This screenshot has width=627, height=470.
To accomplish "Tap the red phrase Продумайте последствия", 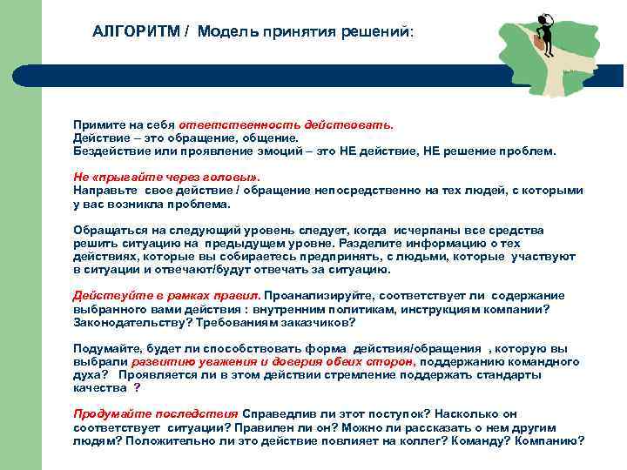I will pos(155,414).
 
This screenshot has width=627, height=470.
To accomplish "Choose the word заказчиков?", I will pos(315,321).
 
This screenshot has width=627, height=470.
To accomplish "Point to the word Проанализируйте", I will pos(316,295).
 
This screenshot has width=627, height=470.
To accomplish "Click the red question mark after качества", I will pos(137,388).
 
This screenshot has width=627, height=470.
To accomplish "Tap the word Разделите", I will pos(360,243).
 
